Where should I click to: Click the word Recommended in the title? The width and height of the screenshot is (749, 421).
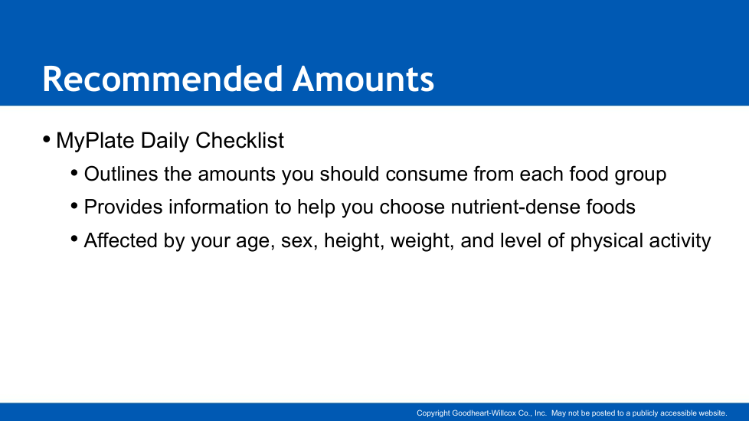163,79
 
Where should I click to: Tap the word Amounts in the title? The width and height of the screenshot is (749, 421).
364,79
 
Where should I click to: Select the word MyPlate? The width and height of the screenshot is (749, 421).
95,141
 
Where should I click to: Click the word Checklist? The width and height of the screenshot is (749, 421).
240,140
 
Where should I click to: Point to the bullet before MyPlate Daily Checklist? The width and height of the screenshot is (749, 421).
47,139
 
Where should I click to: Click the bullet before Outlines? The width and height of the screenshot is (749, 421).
74,172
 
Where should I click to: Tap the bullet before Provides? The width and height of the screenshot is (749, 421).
74,206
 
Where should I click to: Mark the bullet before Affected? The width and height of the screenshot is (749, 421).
74,239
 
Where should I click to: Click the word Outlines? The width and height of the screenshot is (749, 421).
121,174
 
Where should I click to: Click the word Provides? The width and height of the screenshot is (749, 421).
123,207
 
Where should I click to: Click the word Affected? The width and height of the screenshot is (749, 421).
121,240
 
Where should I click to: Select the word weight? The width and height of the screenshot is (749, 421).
422,241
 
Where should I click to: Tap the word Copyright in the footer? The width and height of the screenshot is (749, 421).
433,413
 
